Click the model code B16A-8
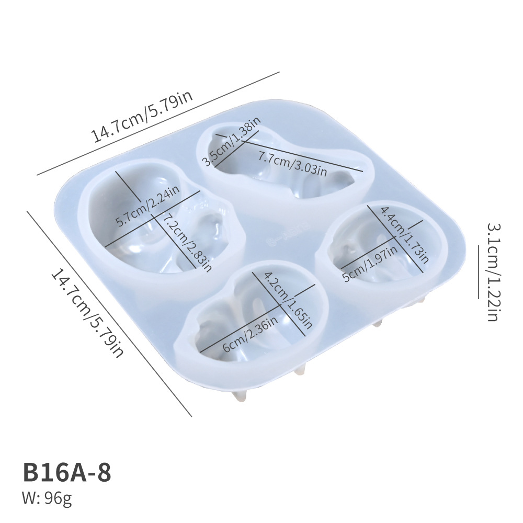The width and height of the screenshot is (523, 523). click(67, 472)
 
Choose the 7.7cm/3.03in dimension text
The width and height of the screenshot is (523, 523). click(293, 164)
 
